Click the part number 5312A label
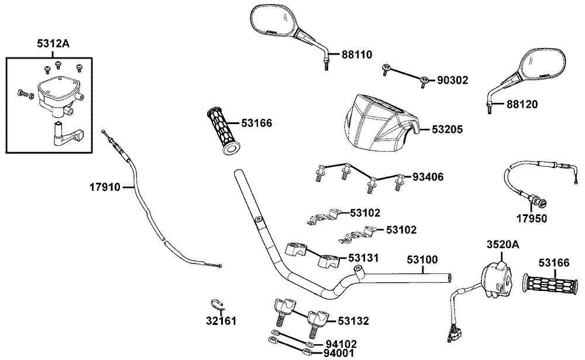coord(53,44)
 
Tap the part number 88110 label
coord(357,54)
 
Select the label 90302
coord(453,80)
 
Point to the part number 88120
coord(522,104)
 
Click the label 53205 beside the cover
coord(448,129)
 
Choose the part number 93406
coord(428,177)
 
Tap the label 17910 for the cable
coord(105,187)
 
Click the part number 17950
coord(532,218)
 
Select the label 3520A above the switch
coord(503,245)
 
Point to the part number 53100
coord(422,259)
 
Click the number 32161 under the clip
coord(221,320)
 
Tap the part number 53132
coord(353,321)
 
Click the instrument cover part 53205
coord(381,125)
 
